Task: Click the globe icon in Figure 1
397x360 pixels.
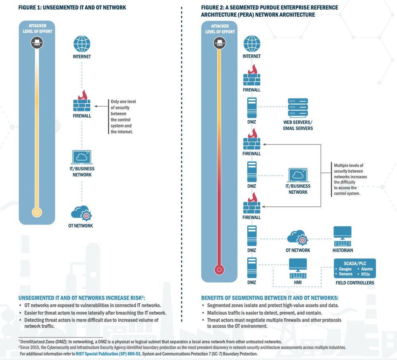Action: pos(81,43)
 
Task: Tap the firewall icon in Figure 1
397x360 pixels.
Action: pos(81,102)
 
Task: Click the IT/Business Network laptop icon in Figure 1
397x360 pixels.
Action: pos(81,157)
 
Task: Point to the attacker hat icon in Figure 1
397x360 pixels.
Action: pos(37,43)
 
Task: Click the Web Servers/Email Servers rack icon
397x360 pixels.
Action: pos(298,107)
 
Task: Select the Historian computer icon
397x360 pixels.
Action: pos(342,236)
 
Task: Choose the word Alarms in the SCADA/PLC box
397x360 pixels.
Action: pos(367,269)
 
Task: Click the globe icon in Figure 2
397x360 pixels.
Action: pos(251,43)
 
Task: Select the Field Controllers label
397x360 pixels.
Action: pos(355,283)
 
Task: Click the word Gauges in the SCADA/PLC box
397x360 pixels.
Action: pos(345,269)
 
